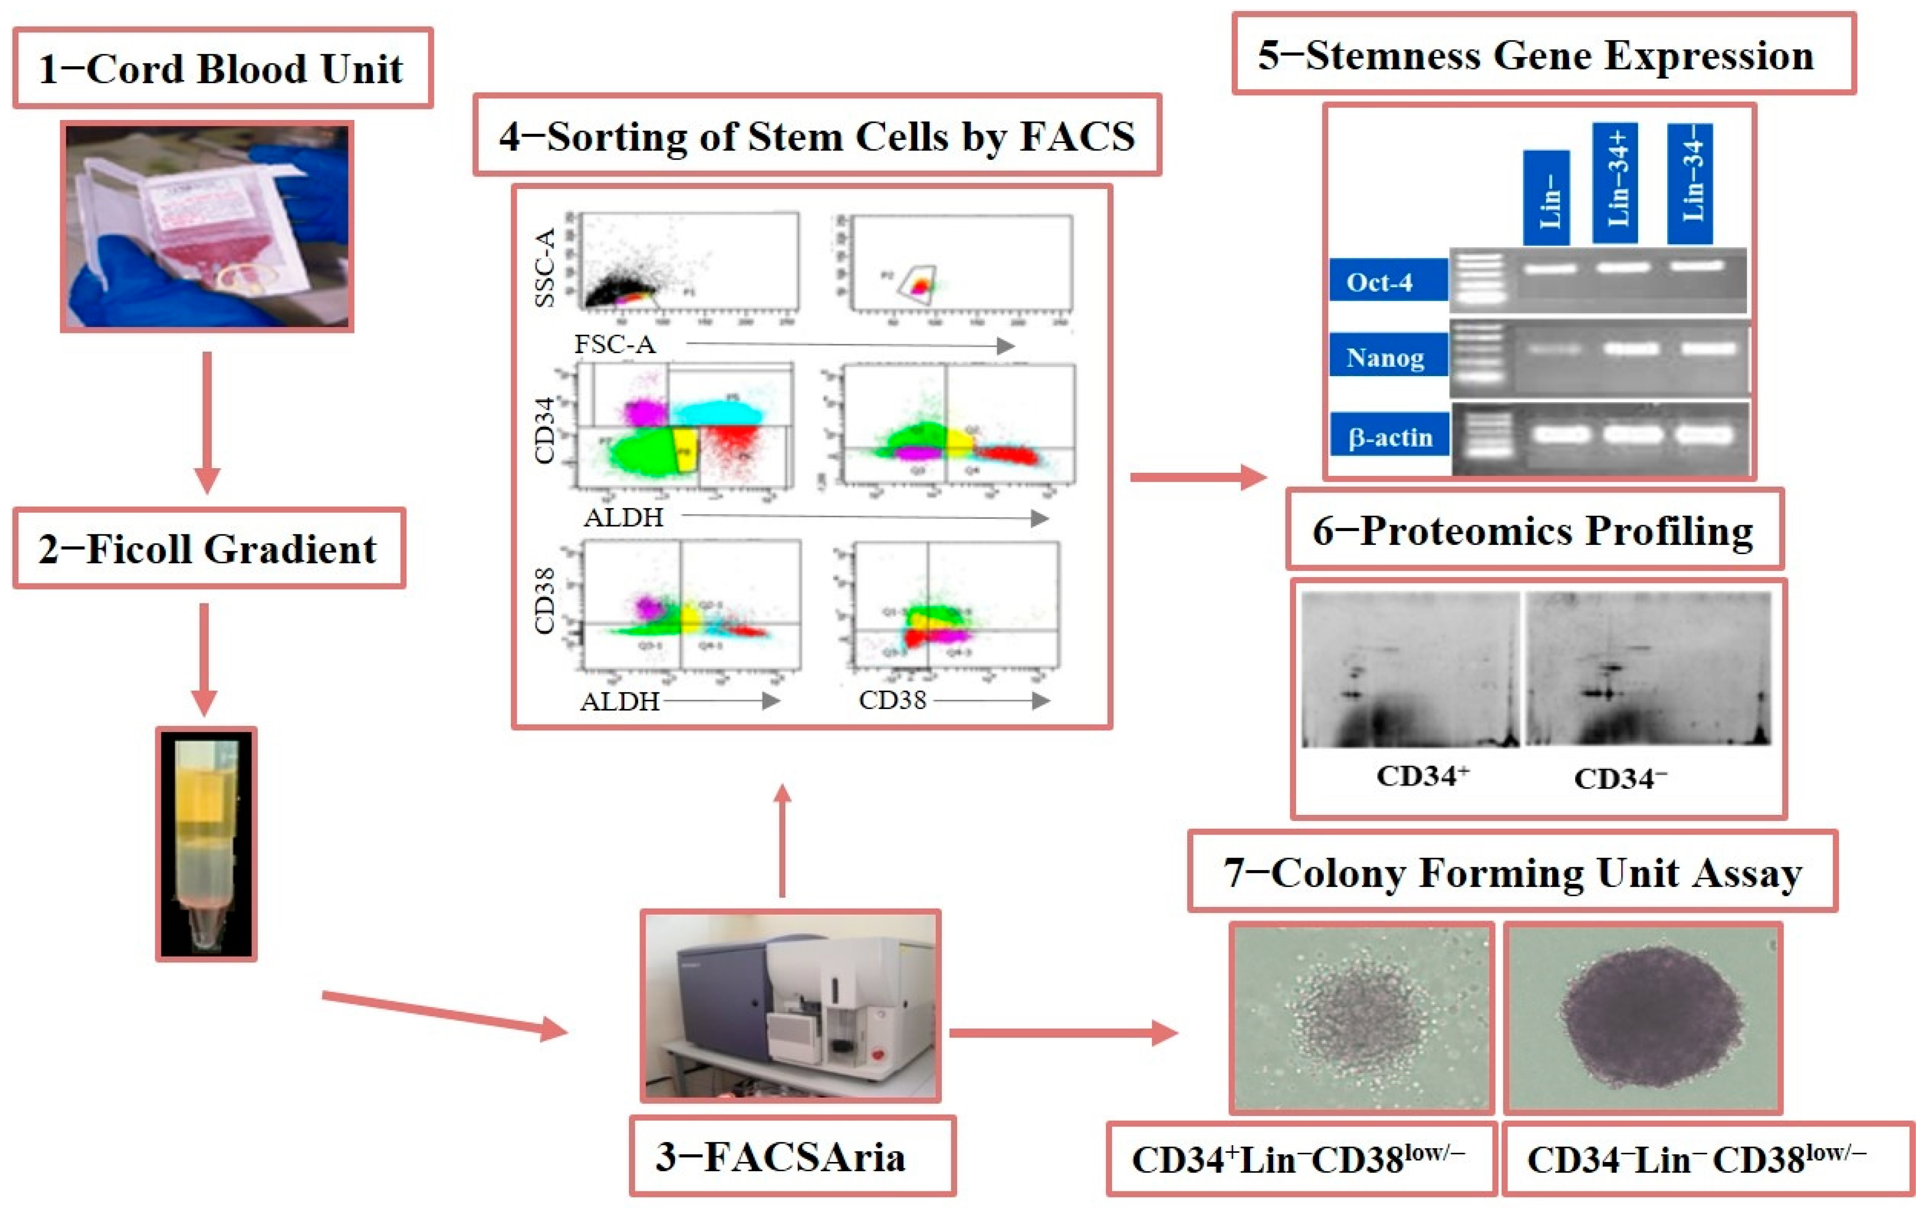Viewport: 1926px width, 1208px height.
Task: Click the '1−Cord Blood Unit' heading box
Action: coord(222,69)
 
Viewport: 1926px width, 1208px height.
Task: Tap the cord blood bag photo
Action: coord(207,227)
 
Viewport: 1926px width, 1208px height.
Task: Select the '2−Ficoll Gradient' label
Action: coord(208,549)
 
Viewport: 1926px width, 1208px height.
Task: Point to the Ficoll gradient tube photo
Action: coord(206,844)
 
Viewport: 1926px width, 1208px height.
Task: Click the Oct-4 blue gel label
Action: coord(1388,281)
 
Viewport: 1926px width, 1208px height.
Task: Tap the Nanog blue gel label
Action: coord(1388,356)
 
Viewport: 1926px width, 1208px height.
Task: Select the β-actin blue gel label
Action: coord(1389,436)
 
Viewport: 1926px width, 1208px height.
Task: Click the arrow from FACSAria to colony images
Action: coord(1063,1032)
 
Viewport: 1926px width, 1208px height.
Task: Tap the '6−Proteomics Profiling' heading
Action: coord(1534,531)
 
